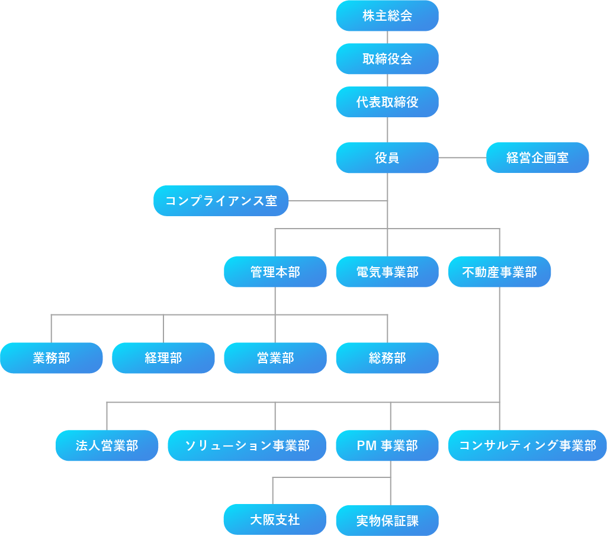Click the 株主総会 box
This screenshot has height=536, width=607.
click(x=387, y=15)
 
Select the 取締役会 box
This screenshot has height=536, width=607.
click(x=387, y=59)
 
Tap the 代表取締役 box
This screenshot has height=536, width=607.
click(x=387, y=102)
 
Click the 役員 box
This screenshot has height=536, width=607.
click(x=387, y=158)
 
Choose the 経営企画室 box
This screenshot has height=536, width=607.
click(x=538, y=158)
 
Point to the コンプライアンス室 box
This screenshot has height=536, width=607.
click(x=221, y=201)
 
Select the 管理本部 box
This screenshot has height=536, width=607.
click(x=275, y=272)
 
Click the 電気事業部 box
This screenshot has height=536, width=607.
click(x=387, y=272)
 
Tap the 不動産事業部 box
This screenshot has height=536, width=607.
click(x=500, y=272)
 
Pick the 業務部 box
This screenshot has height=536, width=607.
click(x=52, y=358)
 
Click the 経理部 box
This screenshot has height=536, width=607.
click(x=163, y=358)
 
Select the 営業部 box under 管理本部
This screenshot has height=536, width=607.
click(x=275, y=358)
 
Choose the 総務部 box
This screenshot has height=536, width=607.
click(x=387, y=358)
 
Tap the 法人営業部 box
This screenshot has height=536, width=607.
click(x=107, y=445)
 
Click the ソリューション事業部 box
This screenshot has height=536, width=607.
click(x=248, y=445)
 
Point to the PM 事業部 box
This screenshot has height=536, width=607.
click(x=387, y=445)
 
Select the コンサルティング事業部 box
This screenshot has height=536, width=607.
click(x=528, y=445)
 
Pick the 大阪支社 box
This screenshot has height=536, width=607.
click(x=275, y=519)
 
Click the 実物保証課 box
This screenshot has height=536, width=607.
click(x=387, y=521)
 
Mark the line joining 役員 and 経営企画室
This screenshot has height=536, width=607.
click(x=463, y=158)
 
